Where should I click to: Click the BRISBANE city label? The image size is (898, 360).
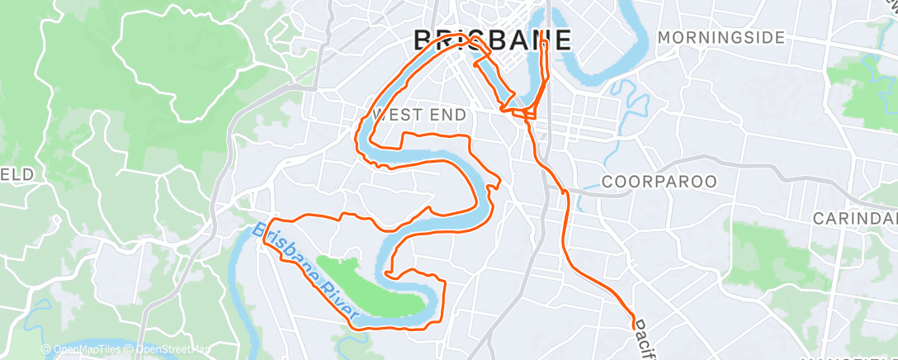[491, 40]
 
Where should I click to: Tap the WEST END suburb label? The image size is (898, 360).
[419, 114]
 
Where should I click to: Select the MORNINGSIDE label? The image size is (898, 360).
[721, 38]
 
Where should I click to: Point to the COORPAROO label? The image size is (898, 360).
[659, 181]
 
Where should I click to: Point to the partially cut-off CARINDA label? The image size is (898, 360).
[855, 219]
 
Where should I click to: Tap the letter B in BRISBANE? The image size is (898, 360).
[422, 40]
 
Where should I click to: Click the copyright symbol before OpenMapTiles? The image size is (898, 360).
[46, 349]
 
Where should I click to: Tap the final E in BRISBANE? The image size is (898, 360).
[562, 40]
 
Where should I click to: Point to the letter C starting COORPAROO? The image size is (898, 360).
[608, 181]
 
